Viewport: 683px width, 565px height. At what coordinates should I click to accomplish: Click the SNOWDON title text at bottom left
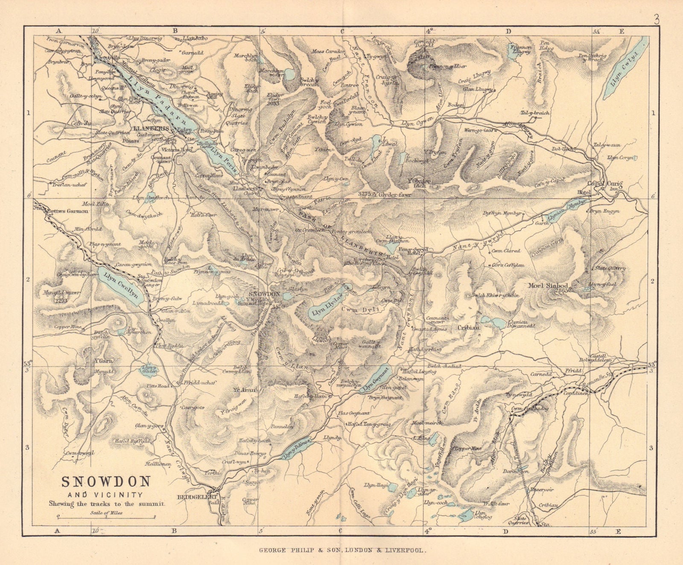[106, 482]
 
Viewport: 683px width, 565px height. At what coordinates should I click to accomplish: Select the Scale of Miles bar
[106, 517]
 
